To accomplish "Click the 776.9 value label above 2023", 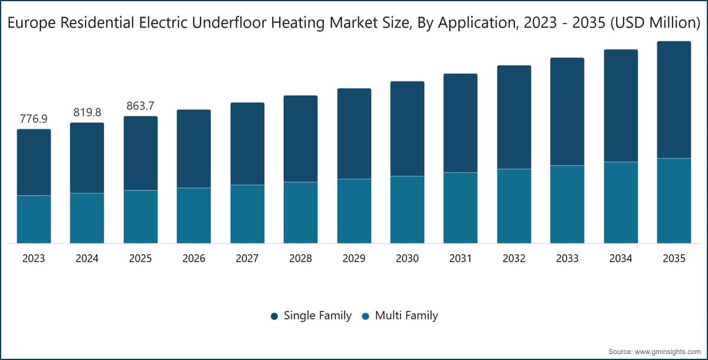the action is click(34, 119).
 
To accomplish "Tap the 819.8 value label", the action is click(87, 112).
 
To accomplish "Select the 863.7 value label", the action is click(140, 106).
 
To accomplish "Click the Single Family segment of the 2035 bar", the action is click(674, 100).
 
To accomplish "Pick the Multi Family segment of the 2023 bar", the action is click(34, 220).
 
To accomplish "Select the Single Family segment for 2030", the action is click(408, 129).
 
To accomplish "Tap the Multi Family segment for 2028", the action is click(300, 212).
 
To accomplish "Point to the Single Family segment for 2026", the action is click(194, 149).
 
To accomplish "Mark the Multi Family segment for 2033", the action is click(568, 204).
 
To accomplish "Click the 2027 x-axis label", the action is click(247, 258).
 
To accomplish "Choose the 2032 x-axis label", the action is click(514, 258).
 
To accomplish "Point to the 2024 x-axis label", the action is click(87, 258).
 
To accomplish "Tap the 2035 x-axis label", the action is click(674, 258).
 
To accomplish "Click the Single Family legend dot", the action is click(274, 316).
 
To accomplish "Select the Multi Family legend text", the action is click(407, 315).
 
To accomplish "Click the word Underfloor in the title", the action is click(229, 23).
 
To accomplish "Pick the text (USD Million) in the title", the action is click(655, 23).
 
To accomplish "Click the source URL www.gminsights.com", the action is click(667, 352).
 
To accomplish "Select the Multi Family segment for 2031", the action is click(461, 208).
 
